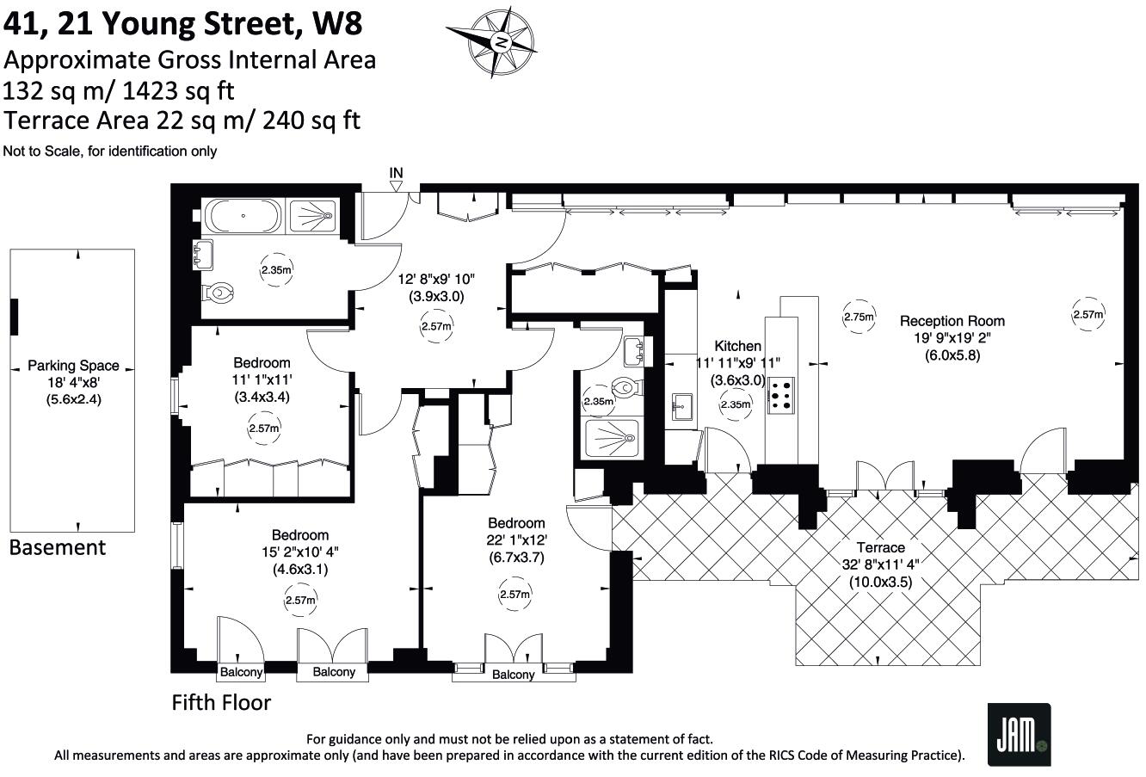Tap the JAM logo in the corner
[1019, 733]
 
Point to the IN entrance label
[396, 173]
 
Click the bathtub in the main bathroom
[242, 216]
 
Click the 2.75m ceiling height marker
[858, 317]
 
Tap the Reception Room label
[952, 321]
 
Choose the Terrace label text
[880, 547]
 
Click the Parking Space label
[73, 365]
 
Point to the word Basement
[58, 547]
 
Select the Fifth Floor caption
[221, 703]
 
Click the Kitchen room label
[737, 346]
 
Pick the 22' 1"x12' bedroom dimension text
[516, 540]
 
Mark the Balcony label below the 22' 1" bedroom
[513, 675]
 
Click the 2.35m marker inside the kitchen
[736, 404]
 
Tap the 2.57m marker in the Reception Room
[1087, 315]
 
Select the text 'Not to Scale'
[40, 151]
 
